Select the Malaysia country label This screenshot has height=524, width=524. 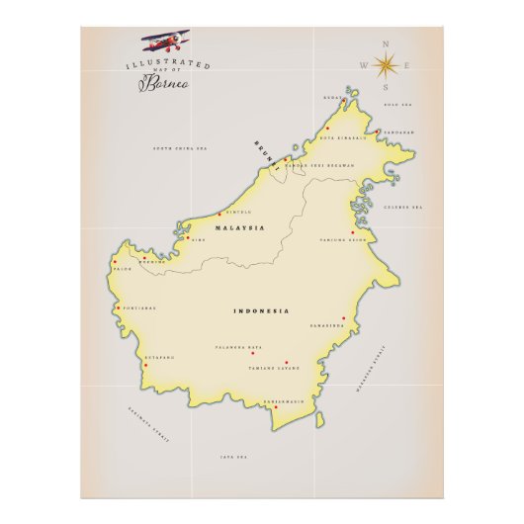240,228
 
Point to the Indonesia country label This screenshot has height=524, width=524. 261,311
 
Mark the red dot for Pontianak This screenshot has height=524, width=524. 119,307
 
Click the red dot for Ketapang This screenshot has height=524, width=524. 144,365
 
